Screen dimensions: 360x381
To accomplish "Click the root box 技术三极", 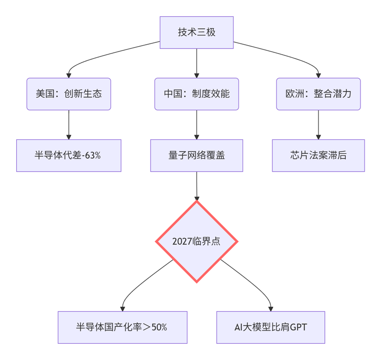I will [x=197, y=32].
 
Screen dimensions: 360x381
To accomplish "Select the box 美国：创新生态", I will [x=69, y=94].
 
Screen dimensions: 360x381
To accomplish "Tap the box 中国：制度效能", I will [x=197, y=94].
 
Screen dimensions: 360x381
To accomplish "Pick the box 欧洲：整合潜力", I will [x=318, y=94].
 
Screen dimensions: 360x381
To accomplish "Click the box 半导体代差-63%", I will [x=69, y=156].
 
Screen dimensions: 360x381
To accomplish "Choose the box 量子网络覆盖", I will [x=197, y=156].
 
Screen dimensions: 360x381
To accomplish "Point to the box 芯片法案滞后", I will [x=318, y=156].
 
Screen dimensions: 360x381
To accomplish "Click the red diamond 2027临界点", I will [x=197, y=242].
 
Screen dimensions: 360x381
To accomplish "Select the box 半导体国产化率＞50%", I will [x=123, y=327].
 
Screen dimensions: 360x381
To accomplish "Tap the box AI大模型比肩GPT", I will [x=271, y=327].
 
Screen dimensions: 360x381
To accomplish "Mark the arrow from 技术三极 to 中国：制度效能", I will [x=197, y=62].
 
